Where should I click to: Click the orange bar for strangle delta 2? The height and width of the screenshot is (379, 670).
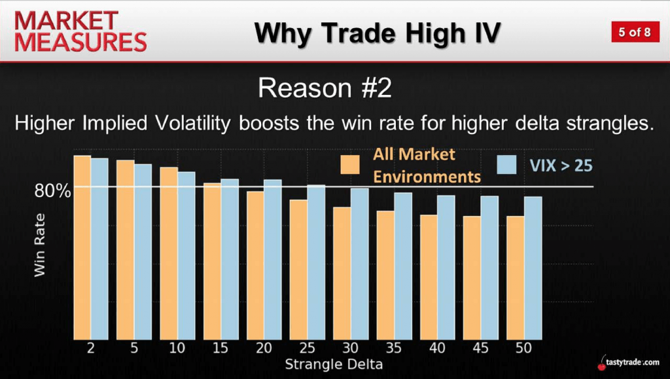pos(82,247)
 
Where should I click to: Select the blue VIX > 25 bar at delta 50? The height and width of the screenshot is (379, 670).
pos(533,268)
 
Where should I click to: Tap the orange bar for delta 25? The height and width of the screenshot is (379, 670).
pos(298,270)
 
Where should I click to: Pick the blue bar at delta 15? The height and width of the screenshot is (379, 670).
pos(230,259)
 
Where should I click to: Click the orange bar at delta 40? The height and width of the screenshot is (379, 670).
pos(429,278)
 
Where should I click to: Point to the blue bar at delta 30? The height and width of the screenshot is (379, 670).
pos(359,264)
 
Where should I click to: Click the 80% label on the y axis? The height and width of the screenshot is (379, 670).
pos(52,191)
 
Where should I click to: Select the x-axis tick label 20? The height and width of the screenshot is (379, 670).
pos(264,348)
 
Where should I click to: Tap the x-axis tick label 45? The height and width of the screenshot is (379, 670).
pos(480,348)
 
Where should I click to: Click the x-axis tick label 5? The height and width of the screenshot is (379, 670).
pos(134,348)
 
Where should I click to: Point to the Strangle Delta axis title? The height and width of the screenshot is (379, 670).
pos(334,365)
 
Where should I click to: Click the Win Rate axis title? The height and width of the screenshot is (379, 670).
pos(39,245)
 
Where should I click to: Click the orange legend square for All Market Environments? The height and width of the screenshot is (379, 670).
pos(350,164)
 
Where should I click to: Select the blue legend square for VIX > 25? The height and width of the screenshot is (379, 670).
pos(507,164)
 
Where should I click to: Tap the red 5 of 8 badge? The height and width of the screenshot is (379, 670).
pos(635,32)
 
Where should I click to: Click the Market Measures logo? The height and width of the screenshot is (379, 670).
pos(80,31)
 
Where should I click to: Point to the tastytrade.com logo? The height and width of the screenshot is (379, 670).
pos(628,363)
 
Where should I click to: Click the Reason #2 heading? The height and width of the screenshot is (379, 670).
pos(325,88)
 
